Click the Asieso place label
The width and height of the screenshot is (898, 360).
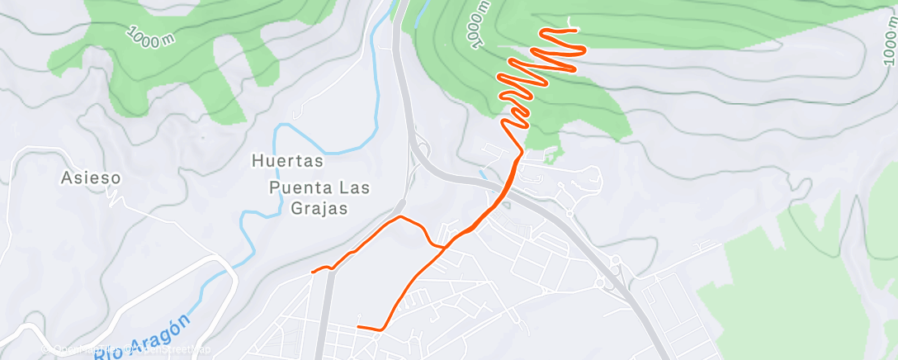pyautogui.click(x=92, y=178)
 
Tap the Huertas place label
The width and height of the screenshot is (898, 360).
pyautogui.click(x=276, y=162)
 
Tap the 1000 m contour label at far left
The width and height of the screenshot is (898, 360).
pyautogui.click(x=150, y=36)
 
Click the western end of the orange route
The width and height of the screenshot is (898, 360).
pyautogui.click(x=312, y=271)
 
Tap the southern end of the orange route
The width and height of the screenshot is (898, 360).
pyautogui.click(x=357, y=327)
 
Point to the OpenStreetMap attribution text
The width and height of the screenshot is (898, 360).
pyautogui.click(x=165, y=349)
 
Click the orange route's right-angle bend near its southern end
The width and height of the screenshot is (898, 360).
pyautogui.click(x=383, y=329)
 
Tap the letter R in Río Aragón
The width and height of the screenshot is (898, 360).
pyautogui.click(x=101, y=354)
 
